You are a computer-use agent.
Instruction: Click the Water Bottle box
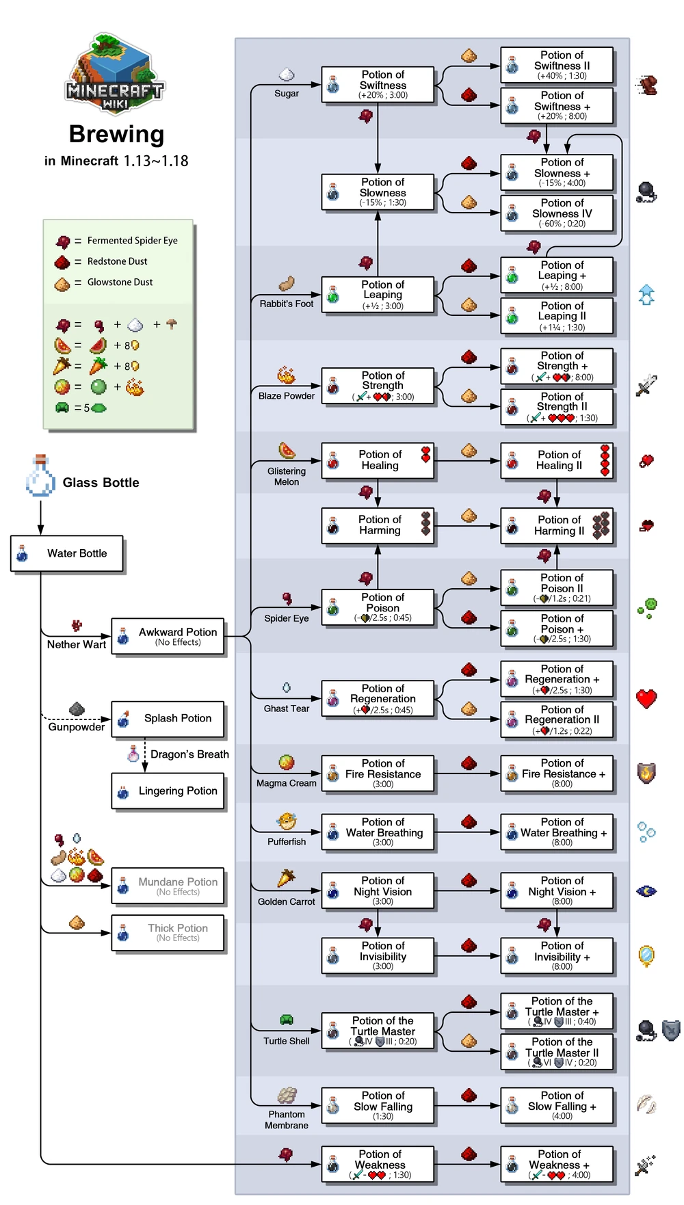(x=67, y=553)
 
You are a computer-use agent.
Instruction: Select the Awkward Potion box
(x=168, y=637)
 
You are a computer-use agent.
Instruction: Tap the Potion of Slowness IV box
(x=556, y=213)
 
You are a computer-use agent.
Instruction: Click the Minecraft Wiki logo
(x=116, y=72)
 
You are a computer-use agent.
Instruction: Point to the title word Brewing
(x=116, y=134)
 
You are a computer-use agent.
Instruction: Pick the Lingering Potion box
(x=168, y=791)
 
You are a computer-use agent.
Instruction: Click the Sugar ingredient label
(x=287, y=94)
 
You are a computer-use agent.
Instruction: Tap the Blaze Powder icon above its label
(x=286, y=375)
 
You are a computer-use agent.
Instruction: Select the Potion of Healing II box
(x=556, y=460)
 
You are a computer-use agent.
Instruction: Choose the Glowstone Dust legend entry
(x=120, y=282)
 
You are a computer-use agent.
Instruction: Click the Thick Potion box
(x=168, y=933)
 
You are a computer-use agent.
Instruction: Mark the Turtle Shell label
(x=287, y=1041)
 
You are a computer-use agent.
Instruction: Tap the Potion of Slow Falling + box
(x=556, y=1106)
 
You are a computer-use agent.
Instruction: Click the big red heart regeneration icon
(x=646, y=699)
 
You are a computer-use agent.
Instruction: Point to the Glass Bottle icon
(x=40, y=476)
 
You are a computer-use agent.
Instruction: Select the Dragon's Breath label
(x=189, y=754)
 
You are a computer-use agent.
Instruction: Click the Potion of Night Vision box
(x=378, y=891)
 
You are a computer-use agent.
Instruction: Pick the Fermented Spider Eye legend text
(x=132, y=241)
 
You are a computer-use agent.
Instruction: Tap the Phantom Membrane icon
(x=287, y=1095)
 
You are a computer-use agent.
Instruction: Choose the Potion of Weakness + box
(x=556, y=1165)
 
